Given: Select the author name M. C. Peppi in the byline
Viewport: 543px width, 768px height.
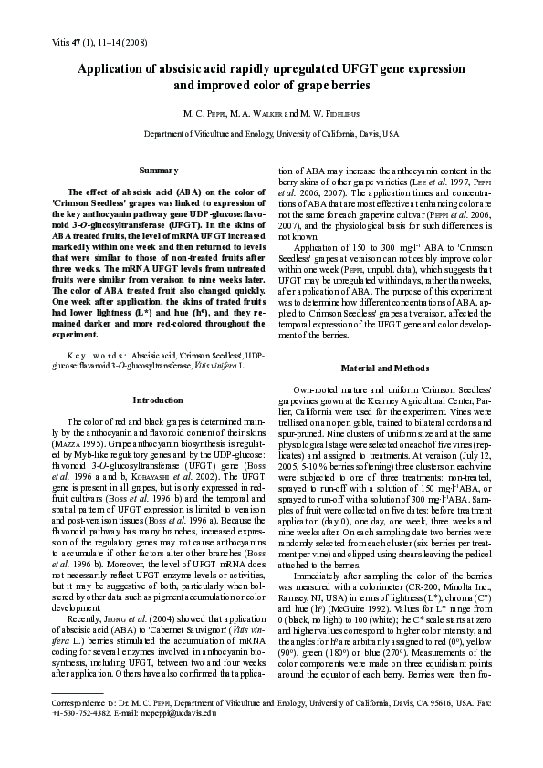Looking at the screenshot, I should (204, 113).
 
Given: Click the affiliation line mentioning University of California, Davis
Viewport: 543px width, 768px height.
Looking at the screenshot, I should (271, 133).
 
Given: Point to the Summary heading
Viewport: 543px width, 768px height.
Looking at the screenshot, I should (151, 171).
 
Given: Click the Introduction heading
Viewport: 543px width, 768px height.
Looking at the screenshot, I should (151, 400).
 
